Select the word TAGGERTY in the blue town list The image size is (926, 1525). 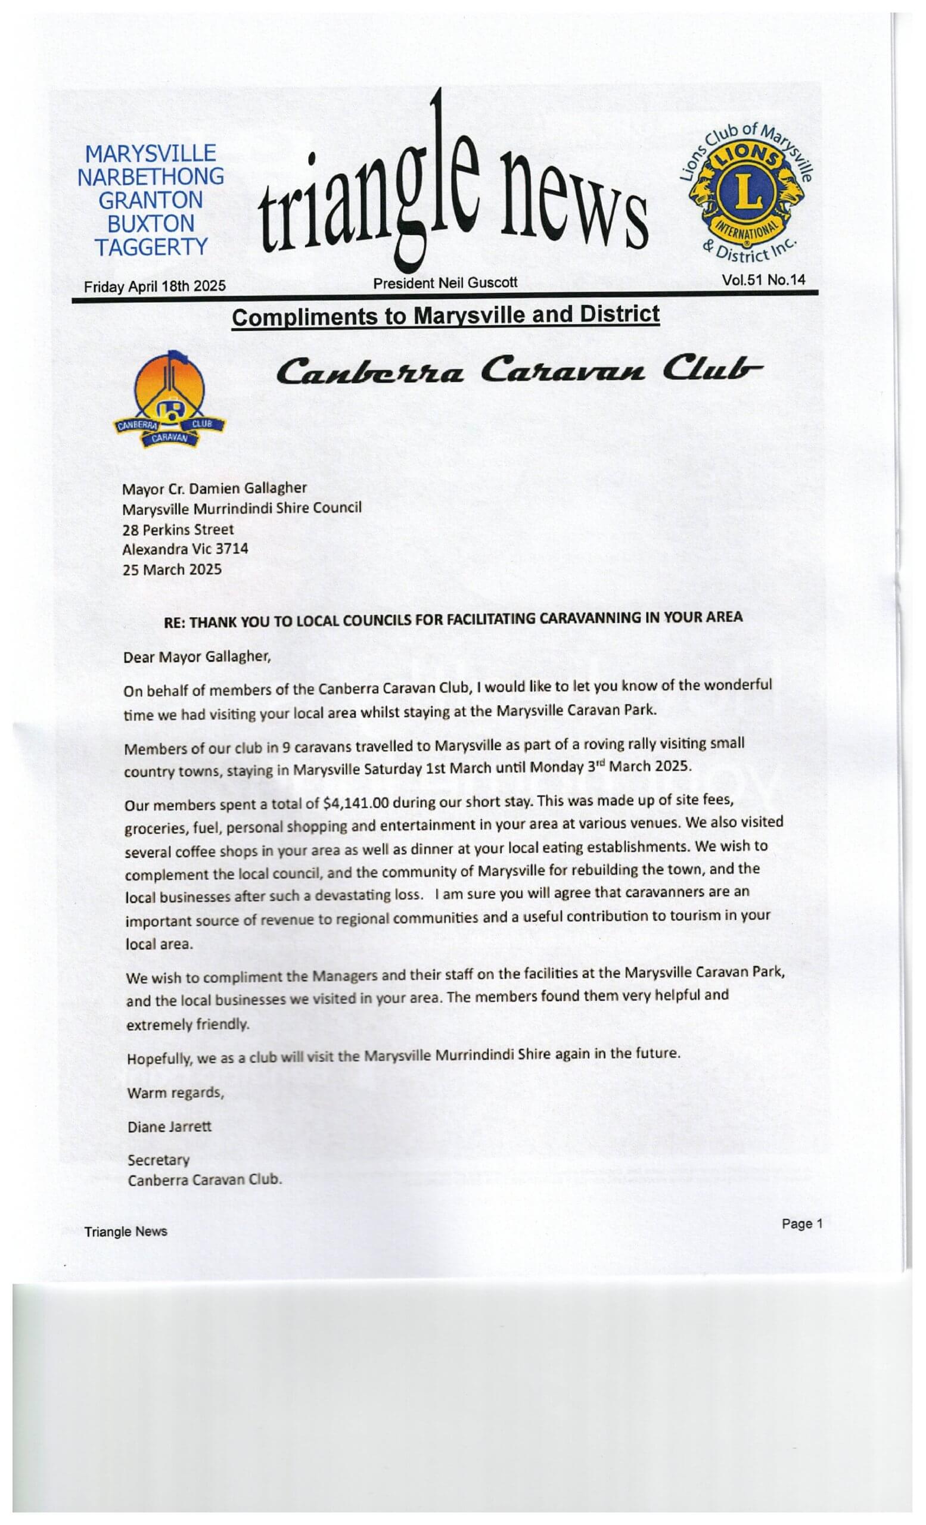coord(151,247)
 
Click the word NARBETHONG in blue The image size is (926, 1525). coord(150,176)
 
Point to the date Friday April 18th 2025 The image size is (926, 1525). coord(155,287)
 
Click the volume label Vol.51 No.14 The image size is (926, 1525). coord(763,280)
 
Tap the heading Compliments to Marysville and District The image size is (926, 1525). coord(445,316)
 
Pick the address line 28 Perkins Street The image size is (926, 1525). coord(178,530)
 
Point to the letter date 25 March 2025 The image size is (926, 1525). coord(172,569)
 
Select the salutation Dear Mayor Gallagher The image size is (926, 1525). coord(197,656)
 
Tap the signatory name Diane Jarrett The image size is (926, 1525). coord(169,1126)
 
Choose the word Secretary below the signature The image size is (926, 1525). coord(159,1159)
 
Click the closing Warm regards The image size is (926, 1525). coord(175,1093)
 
